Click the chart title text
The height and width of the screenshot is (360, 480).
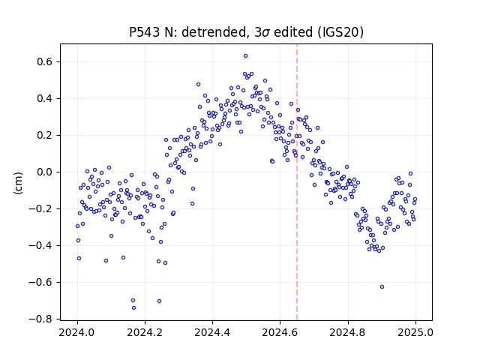pyautogui.click(x=246, y=31)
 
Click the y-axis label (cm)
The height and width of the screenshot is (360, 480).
pyautogui.click(x=18, y=183)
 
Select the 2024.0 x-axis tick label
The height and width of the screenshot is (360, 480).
pyautogui.click(x=77, y=332)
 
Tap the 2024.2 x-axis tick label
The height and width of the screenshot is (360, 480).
pyautogui.click(x=145, y=332)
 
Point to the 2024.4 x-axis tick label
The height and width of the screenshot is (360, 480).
pyautogui.click(x=212, y=332)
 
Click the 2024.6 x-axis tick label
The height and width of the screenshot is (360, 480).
pyautogui.click(x=280, y=332)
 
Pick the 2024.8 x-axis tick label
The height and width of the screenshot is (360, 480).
pyautogui.click(x=348, y=332)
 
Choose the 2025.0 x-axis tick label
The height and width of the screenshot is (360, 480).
pyautogui.click(x=415, y=332)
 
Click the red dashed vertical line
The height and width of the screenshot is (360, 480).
pyautogui.click(x=297, y=182)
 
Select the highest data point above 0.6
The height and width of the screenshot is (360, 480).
pyautogui.click(x=245, y=56)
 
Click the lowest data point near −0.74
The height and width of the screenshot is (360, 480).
pyautogui.click(x=133, y=308)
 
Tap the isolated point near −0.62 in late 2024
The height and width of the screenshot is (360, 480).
pyautogui.click(x=382, y=286)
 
